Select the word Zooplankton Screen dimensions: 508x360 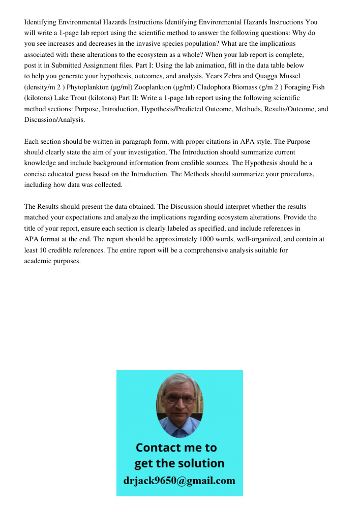click(154, 87)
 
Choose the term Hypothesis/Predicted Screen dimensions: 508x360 click(176, 109)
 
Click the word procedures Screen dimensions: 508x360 click(287, 174)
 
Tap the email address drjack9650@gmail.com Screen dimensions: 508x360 click(179, 481)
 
